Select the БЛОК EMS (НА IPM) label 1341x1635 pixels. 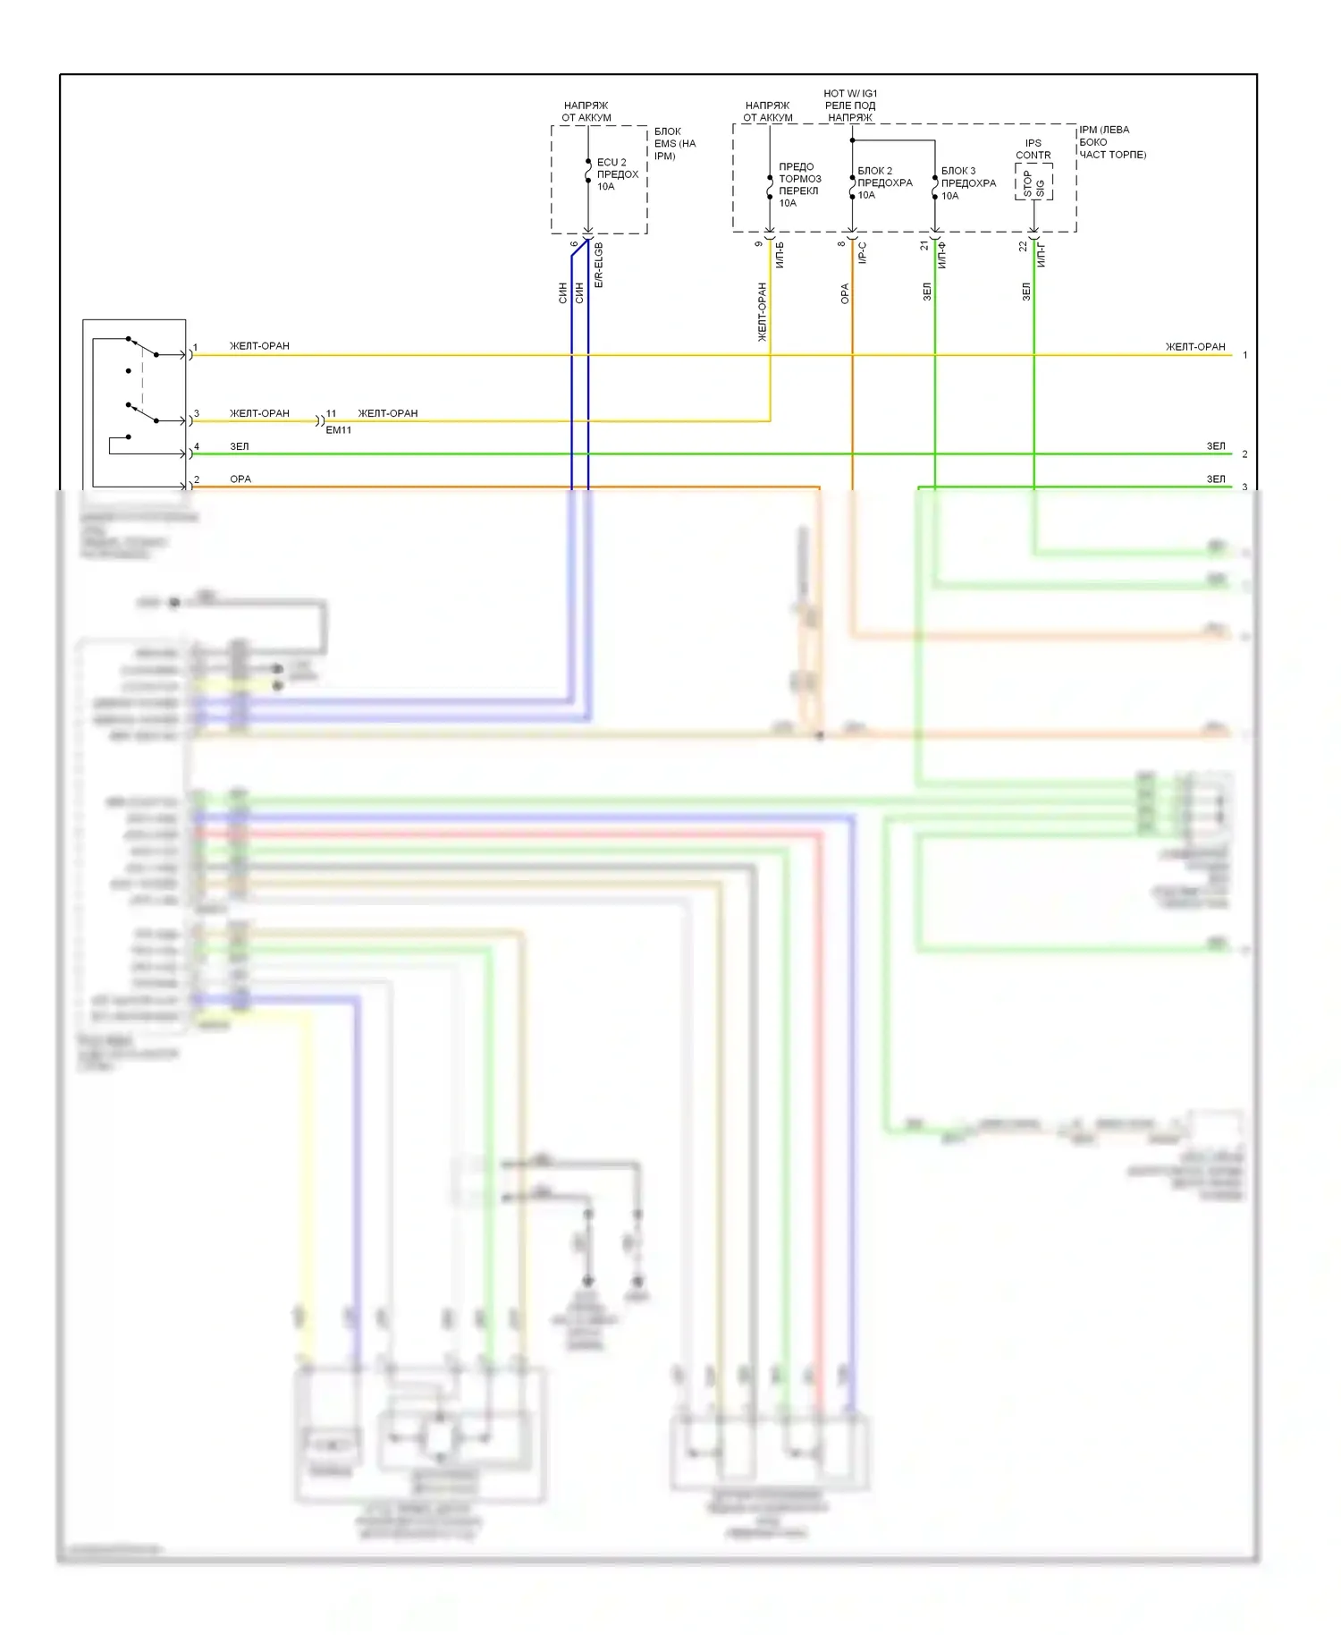point(675,143)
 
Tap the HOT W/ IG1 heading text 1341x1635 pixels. point(850,93)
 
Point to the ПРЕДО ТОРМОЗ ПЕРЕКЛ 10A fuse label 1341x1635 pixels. point(798,184)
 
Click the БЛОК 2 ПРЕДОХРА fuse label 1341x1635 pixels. point(884,182)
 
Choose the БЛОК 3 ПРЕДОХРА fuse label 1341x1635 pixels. point(968,182)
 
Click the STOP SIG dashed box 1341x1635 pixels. point(1033,182)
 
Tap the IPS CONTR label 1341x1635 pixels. point(1033,148)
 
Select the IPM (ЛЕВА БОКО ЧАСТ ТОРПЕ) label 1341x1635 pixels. point(1111,142)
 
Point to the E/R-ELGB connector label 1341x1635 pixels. point(599,265)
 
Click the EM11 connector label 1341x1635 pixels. point(339,430)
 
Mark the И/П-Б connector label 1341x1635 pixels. point(780,255)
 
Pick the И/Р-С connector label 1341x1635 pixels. point(863,253)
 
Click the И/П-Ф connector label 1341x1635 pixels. point(942,255)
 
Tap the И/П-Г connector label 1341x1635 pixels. point(1042,255)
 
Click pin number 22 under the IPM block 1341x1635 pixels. point(1024,246)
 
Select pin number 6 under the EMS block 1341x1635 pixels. point(574,244)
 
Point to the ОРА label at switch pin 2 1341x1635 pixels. point(240,479)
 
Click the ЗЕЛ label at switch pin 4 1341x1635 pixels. point(240,446)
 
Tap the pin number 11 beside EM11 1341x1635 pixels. point(331,413)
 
